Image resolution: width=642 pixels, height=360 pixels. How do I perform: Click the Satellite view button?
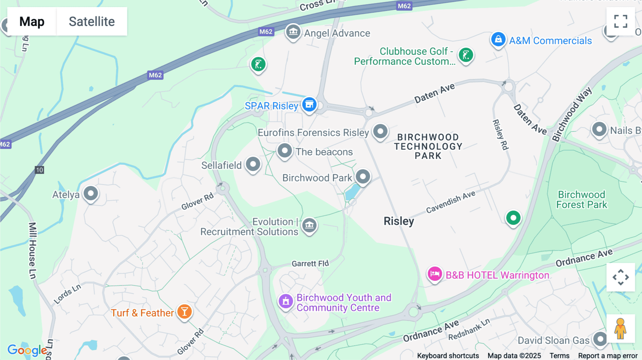click(x=92, y=21)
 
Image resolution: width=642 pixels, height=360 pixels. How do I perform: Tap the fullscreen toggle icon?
click(x=621, y=21)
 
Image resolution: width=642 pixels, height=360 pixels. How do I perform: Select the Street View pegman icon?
click(x=620, y=328)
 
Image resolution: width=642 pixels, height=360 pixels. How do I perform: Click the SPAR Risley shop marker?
click(x=309, y=105)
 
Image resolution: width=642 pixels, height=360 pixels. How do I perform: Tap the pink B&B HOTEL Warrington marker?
click(x=435, y=274)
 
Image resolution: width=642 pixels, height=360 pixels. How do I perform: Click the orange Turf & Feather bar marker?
click(x=184, y=312)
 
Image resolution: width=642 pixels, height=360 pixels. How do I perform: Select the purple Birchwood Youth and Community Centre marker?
click(x=286, y=302)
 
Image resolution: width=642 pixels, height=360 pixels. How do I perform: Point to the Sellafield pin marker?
click(x=253, y=164)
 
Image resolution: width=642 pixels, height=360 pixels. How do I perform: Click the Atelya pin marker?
click(x=91, y=194)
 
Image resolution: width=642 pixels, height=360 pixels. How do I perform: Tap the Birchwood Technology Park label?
click(x=428, y=146)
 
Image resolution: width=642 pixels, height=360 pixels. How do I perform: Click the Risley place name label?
click(x=399, y=221)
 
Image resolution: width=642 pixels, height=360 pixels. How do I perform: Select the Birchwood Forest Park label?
click(x=581, y=200)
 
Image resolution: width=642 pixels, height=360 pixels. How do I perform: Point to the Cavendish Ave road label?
click(x=450, y=202)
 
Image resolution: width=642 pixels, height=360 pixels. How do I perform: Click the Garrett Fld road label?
click(x=310, y=264)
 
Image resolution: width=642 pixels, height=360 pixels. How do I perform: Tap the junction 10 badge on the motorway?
click(x=39, y=170)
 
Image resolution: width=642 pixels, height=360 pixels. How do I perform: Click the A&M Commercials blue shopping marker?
click(x=498, y=39)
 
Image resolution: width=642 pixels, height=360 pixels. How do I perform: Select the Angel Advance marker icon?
click(x=293, y=32)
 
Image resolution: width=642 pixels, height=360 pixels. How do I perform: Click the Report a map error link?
click(x=608, y=356)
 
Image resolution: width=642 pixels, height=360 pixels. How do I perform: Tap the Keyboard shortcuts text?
click(x=448, y=356)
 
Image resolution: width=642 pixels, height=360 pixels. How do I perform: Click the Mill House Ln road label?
click(x=32, y=251)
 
